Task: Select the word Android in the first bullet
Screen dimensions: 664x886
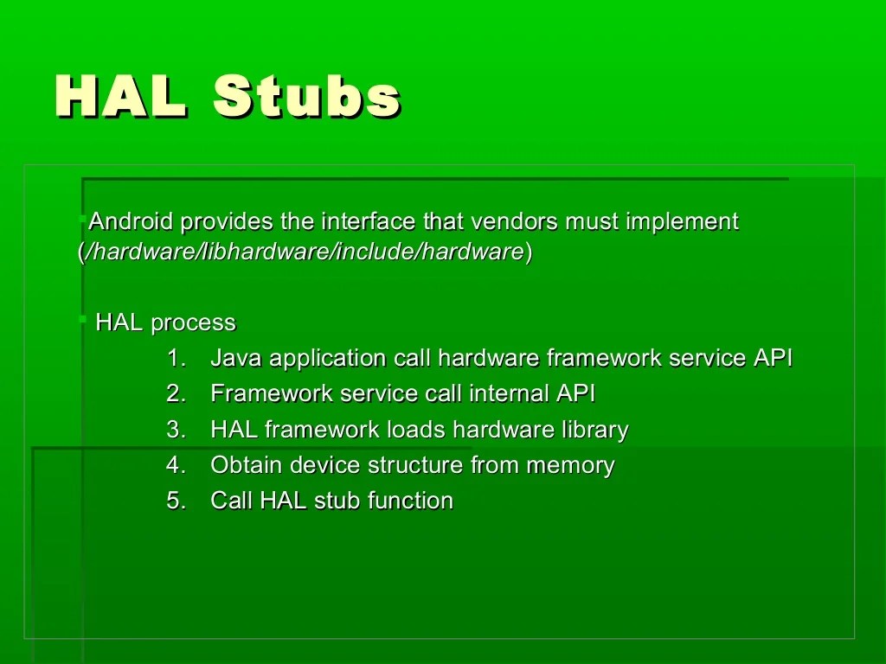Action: (x=132, y=222)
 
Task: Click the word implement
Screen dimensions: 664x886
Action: (x=682, y=222)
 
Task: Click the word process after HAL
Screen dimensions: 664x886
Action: (x=193, y=323)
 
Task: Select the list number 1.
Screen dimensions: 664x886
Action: (x=176, y=359)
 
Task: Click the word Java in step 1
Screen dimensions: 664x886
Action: (x=236, y=359)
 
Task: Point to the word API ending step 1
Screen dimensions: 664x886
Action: (x=772, y=359)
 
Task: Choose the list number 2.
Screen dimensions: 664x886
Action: (x=176, y=394)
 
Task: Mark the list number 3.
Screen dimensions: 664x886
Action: (x=176, y=430)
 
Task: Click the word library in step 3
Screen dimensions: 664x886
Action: (x=593, y=430)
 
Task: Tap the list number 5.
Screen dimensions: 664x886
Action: (x=176, y=501)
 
